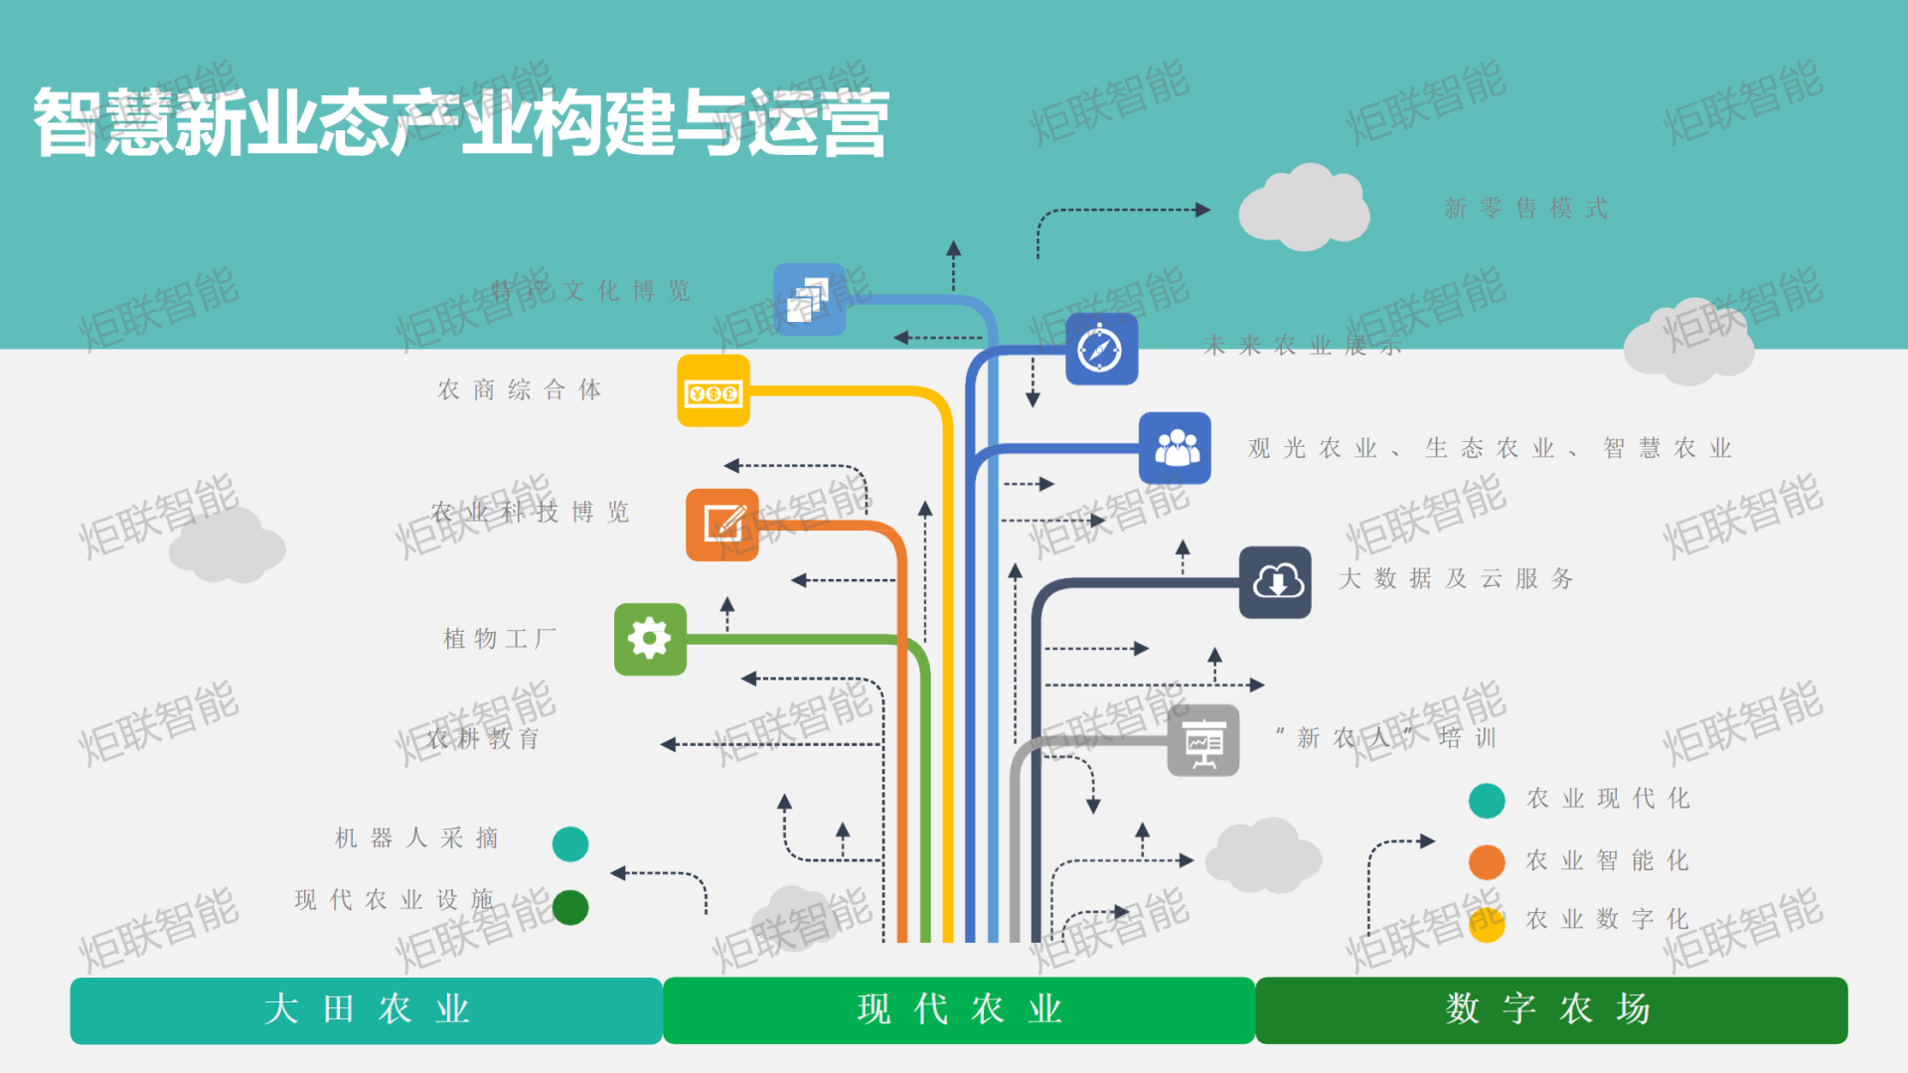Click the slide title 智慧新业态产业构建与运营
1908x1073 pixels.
pos(461,123)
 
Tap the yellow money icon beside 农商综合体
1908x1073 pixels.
pos(714,391)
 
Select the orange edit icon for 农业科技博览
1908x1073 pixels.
pos(722,525)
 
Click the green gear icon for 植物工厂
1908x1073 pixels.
pos(650,639)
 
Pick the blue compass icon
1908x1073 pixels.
pos(1101,349)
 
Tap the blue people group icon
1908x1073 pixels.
pos(1176,448)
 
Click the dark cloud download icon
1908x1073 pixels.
pos(1275,582)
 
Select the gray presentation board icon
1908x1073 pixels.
pos(1203,740)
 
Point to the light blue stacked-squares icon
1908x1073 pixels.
pos(810,299)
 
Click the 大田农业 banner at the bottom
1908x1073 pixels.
pos(366,1010)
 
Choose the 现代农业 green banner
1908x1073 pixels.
pos(959,1010)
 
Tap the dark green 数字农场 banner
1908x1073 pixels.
pos(1551,1010)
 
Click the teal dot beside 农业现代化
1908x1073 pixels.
pos(1487,801)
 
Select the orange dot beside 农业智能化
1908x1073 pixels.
pos(1487,862)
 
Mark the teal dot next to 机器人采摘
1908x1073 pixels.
pos(570,844)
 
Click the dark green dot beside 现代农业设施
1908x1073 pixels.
pos(570,907)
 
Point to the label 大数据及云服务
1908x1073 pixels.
pos(1456,579)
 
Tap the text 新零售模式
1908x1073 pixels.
pos(1526,209)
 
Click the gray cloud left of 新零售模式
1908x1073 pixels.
pos(1304,209)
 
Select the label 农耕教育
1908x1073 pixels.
pos(484,739)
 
